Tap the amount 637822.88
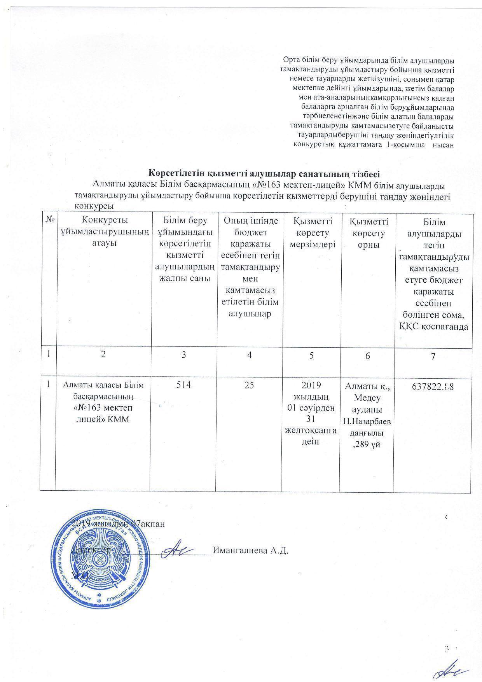(433, 387)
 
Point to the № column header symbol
(49, 220)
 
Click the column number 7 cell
(433, 357)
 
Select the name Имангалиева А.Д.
(251, 551)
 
